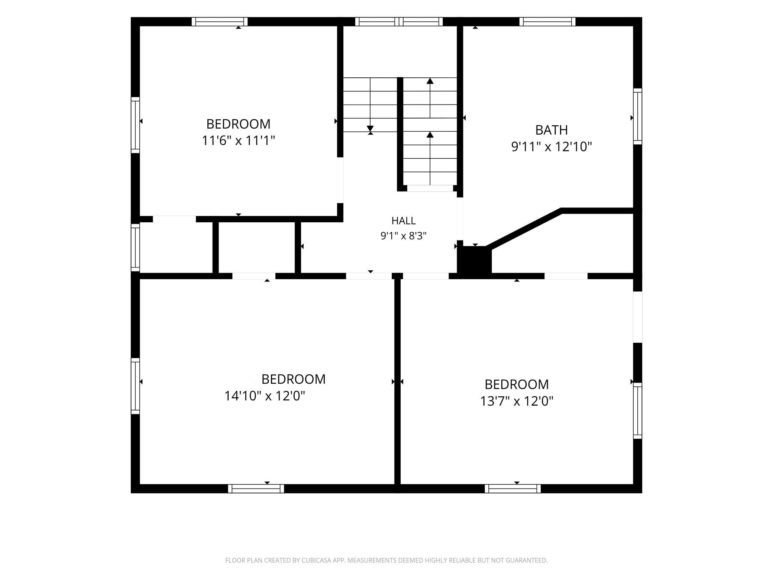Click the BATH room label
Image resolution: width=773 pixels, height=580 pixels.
tap(552, 130)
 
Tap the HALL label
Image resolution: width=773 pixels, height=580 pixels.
tap(404, 221)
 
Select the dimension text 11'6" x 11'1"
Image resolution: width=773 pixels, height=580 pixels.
tap(238, 141)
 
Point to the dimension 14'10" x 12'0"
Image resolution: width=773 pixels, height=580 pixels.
tap(265, 396)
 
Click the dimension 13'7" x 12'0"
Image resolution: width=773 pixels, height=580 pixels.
tap(517, 401)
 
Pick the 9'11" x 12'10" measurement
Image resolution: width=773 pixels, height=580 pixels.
tap(552, 147)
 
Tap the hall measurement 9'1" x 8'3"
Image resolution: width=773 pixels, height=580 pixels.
tap(404, 236)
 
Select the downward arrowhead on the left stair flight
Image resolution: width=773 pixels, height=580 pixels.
tap(370, 129)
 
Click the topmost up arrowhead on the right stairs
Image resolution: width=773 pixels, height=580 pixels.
tap(430, 81)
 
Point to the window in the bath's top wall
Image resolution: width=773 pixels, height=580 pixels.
tap(547, 22)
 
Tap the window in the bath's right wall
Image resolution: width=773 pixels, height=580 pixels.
tap(637, 116)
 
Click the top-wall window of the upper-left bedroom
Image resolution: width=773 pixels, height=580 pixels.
tap(220, 22)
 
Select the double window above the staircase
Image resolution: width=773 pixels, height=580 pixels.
tap(399, 22)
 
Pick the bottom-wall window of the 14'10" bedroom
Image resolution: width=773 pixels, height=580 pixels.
tap(256, 489)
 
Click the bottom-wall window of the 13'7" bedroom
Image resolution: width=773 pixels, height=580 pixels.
tap(513, 489)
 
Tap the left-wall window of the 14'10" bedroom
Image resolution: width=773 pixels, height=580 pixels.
tap(135, 386)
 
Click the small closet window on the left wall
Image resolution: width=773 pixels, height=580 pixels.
tap(135, 247)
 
